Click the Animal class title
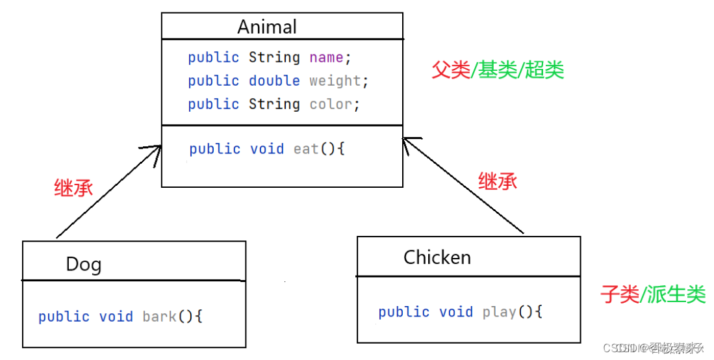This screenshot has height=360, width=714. (267, 27)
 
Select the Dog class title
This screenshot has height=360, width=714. (84, 264)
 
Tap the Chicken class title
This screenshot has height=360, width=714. (437, 257)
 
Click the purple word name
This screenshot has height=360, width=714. (326, 57)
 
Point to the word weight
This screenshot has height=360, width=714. (335, 81)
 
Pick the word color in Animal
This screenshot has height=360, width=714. (331, 104)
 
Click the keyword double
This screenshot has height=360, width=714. (274, 81)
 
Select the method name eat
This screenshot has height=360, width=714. (306, 149)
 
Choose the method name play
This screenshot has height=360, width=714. (499, 312)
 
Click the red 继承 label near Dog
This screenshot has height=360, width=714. (73, 188)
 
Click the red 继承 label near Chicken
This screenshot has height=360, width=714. (498, 181)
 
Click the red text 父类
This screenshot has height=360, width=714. (451, 70)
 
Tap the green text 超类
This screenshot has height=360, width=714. (544, 70)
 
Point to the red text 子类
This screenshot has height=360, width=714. (620, 294)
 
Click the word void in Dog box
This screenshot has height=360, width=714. (116, 316)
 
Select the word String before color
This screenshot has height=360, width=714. (274, 104)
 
